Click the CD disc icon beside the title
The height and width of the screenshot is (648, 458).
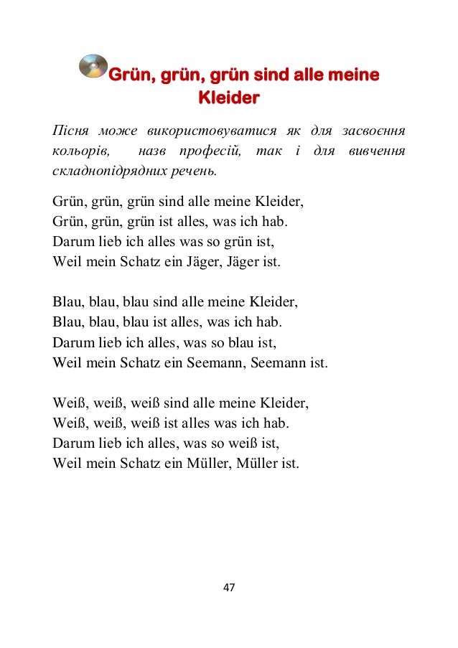(x=91, y=67)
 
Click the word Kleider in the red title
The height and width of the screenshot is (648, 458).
(x=228, y=96)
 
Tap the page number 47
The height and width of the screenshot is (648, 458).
(x=229, y=588)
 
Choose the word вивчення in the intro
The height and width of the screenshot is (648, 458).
(x=375, y=151)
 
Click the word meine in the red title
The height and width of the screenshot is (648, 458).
(x=351, y=75)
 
